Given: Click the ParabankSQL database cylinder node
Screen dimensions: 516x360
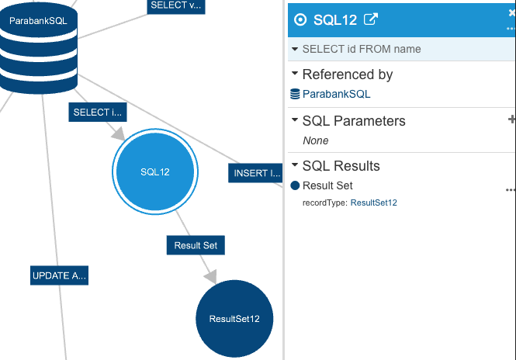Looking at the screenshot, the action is click(x=39, y=47).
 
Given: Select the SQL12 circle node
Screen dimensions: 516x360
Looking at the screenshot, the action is click(x=155, y=171).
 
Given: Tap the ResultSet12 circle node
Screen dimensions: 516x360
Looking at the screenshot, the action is click(x=234, y=319).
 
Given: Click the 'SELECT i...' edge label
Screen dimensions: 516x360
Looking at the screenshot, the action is click(x=98, y=112).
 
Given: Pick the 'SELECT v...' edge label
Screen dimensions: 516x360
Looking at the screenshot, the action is click(x=176, y=6).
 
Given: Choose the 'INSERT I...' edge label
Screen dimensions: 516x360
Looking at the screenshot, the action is click(x=256, y=173).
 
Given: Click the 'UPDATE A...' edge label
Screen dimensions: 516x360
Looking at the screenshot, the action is click(x=59, y=275).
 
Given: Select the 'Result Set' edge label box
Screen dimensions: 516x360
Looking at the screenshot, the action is click(x=196, y=245).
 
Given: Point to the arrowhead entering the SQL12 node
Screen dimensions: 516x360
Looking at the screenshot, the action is click(x=119, y=133).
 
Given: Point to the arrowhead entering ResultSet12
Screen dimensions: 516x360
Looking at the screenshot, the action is click(x=211, y=276).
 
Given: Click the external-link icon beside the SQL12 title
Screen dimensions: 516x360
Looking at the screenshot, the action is click(x=371, y=19).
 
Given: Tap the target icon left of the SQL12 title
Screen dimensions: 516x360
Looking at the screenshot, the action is click(x=300, y=19).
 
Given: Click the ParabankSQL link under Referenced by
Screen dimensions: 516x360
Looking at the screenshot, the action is click(x=336, y=94).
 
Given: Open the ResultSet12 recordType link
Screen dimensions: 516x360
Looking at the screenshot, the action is click(x=373, y=202).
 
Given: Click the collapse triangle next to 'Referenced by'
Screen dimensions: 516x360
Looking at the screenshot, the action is click(x=295, y=74).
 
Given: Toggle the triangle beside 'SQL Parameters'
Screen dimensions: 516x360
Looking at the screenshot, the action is click(x=295, y=119).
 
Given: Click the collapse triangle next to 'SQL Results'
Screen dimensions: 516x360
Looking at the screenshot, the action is click(x=295, y=164).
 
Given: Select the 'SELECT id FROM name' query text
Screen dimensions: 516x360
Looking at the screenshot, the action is click(x=362, y=49).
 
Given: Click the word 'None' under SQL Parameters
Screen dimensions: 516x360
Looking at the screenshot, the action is click(x=316, y=140).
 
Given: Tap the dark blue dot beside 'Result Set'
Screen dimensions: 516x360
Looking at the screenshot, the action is click(x=295, y=185).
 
